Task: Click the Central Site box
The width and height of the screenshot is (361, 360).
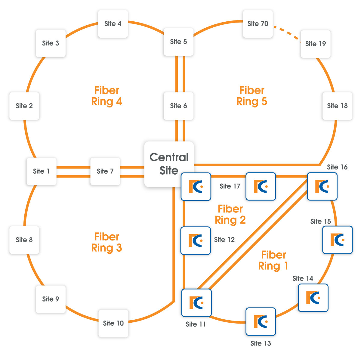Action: pyautogui.click(x=169, y=164)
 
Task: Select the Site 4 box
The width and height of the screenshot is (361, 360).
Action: pyautogui.click(x=113, y=24)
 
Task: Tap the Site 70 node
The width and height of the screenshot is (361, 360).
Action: pyautogui.click(x=258, y=24)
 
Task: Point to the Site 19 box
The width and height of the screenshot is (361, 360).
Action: pyautogui.click(x=315, y=44)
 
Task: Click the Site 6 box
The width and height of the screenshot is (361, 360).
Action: pyautogui.click(x=178, y=106)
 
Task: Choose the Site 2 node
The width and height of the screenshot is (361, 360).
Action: pyautogui.click(x=24, y=106)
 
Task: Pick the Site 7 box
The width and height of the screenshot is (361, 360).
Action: pyautogui.click(x=105, y=171)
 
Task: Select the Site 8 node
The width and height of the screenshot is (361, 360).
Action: pyautogui.click(x=24, y=240)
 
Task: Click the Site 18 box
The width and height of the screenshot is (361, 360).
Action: pyautogui.click(x=337, y=106)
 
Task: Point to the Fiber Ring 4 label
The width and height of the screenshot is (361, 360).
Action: pyautogui.click(x=107, y=96)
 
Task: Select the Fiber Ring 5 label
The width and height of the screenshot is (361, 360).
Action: pyautogui.click(x=252, y=96)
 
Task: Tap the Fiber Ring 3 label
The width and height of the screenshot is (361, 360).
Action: pyautogui.click(x=107, y=242)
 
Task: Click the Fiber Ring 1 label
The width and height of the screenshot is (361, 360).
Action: pyautogui.click(x=273, y=261)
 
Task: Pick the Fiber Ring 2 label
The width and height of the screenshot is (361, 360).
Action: pyautogui.click(x=230, y=215)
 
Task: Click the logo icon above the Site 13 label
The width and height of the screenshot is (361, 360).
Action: pyautogui.click(x=261, y=321)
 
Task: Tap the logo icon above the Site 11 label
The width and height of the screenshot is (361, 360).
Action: pyautogui.click(x=196, y=303)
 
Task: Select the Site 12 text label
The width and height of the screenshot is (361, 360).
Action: pyautogui.click(x=224, y=240)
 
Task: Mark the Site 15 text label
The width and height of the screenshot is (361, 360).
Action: pyautogui.click(x=321, y=222)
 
